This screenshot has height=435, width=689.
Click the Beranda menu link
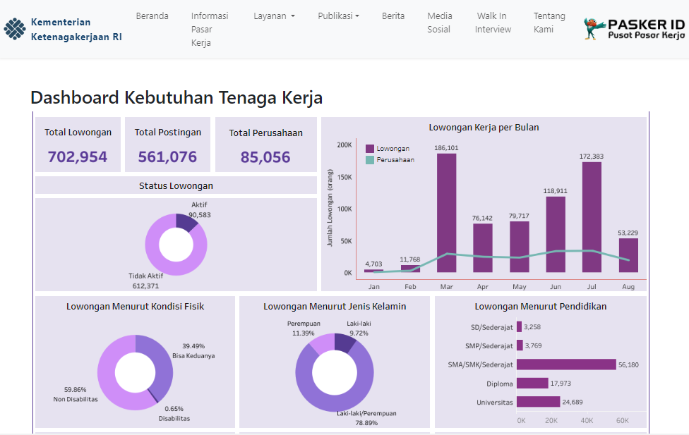coord(152,16)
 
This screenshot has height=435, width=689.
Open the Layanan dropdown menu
coord(274,16)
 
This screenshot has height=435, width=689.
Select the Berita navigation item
coord(393,16)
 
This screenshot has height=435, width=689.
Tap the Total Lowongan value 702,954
coord(78,157)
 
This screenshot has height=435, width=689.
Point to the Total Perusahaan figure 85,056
coord(265,157)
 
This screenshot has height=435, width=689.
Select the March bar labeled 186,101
coord(446,213)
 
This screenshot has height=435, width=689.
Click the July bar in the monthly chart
coord(592,217)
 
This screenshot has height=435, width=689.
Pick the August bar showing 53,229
coord(628,255)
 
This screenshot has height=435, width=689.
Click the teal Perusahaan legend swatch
coord(369,160)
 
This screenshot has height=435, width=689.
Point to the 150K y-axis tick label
coord(344,177)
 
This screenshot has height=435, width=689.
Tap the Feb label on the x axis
coord(410,287)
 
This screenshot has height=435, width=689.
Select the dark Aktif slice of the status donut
coord(186,223)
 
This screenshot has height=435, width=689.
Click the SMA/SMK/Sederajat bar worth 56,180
coord(566,364)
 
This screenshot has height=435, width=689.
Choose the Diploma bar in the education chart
coord(532,384)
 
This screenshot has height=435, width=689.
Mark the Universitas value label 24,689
coord(573,402)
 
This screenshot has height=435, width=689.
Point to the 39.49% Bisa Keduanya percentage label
coord(193,346)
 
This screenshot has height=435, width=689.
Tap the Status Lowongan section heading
coord(176,185)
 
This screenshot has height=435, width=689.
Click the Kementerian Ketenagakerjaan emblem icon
coord(15,29)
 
